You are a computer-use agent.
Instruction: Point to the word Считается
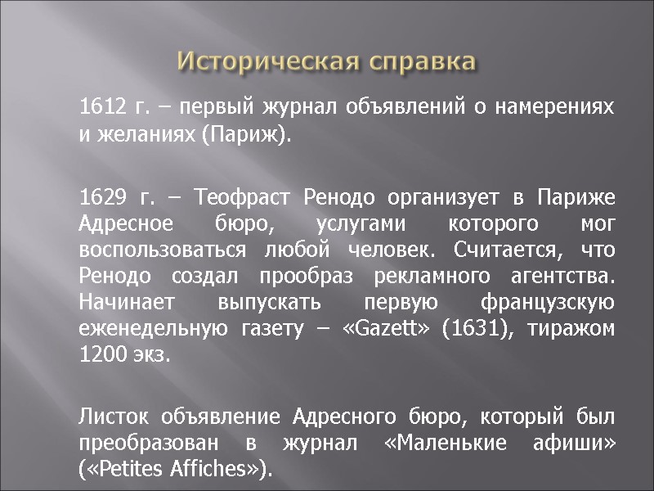[x=506, y=247]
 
